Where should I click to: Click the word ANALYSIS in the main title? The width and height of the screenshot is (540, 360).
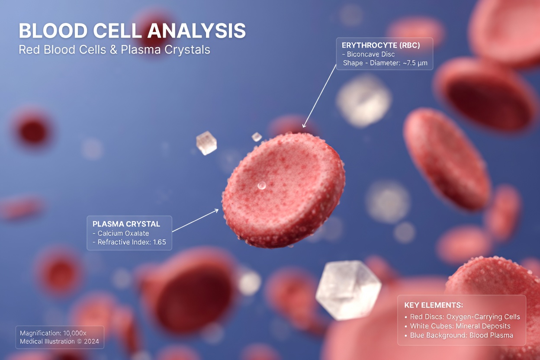196,31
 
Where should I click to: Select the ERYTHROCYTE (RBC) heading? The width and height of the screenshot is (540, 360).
381,45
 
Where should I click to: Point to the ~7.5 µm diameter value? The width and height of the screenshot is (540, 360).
415,63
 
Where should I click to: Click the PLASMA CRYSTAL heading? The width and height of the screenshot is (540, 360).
126,224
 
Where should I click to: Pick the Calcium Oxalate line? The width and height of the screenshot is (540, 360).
121,233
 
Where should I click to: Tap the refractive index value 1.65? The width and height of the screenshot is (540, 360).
159,242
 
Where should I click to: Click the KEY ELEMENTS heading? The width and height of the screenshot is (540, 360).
434,305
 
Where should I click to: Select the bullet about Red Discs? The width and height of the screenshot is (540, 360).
462,317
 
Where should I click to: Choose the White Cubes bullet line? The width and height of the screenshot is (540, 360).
457,326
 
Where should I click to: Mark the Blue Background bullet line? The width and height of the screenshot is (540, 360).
459,335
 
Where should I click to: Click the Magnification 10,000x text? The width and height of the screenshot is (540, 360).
53,333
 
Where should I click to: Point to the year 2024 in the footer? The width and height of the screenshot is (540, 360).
91,341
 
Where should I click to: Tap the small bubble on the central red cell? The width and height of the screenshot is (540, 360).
261,186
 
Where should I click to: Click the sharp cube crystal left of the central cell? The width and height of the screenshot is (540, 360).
206,143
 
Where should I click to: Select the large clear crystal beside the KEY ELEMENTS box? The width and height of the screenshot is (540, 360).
348,290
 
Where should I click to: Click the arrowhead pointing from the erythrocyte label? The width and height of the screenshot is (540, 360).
304,125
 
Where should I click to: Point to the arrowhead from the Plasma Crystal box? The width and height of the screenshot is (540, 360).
216,211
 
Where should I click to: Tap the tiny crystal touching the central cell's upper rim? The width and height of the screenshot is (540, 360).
257,137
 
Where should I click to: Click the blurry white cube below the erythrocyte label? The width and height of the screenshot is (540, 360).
364,101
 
